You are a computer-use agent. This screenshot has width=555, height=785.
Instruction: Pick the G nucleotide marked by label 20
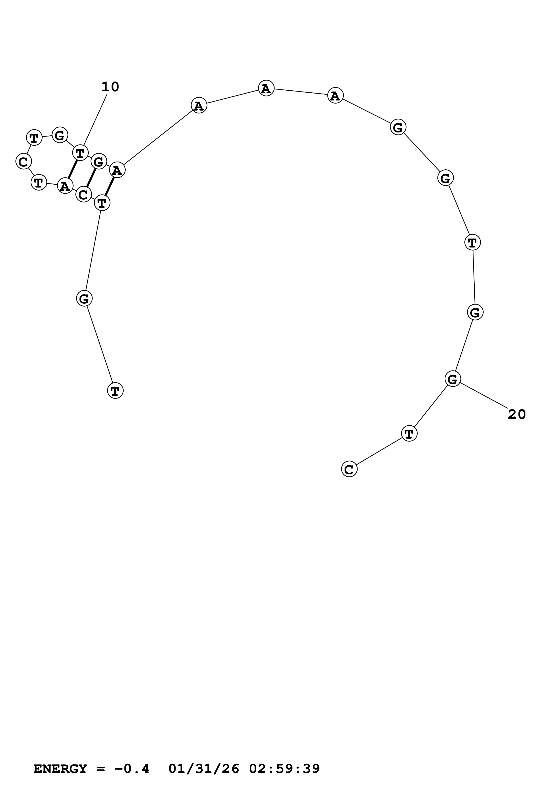point(453,379)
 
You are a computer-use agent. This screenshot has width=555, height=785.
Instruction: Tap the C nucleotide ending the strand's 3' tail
point(349,469)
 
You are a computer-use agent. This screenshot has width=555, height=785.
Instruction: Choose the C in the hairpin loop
point(24,161)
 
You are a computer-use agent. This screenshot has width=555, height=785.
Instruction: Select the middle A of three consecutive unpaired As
point(266,89)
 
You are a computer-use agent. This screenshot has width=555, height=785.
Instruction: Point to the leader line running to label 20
point(484,396)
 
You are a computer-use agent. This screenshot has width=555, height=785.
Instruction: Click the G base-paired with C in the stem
point(99,161)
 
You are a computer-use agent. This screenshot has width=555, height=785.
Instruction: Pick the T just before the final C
point(409,433)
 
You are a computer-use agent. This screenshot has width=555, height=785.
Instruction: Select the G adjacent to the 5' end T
point(84,299)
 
